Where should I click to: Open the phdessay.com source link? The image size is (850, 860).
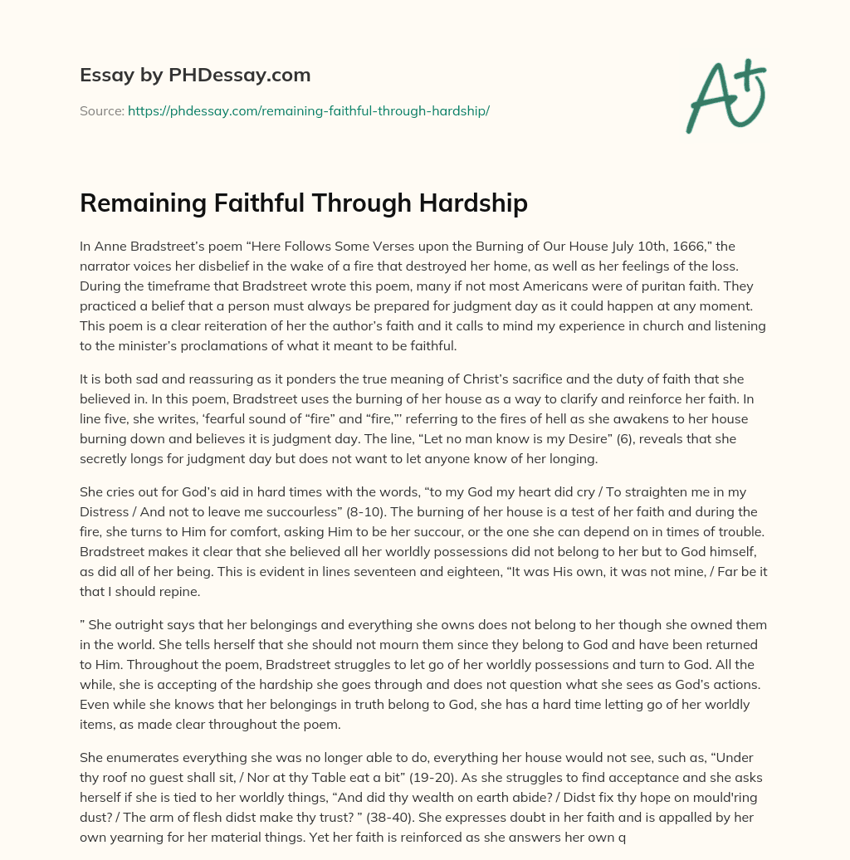tap(308, 110)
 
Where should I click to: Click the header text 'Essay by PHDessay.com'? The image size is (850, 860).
tap(195, 75)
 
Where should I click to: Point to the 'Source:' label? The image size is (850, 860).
tap(102, 110)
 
